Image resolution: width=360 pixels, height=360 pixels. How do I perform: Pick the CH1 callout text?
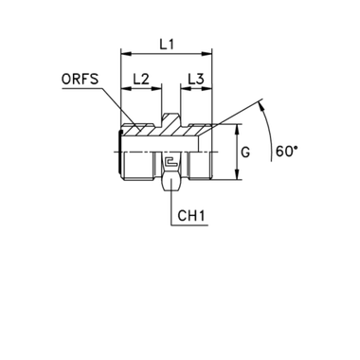point(192,217)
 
